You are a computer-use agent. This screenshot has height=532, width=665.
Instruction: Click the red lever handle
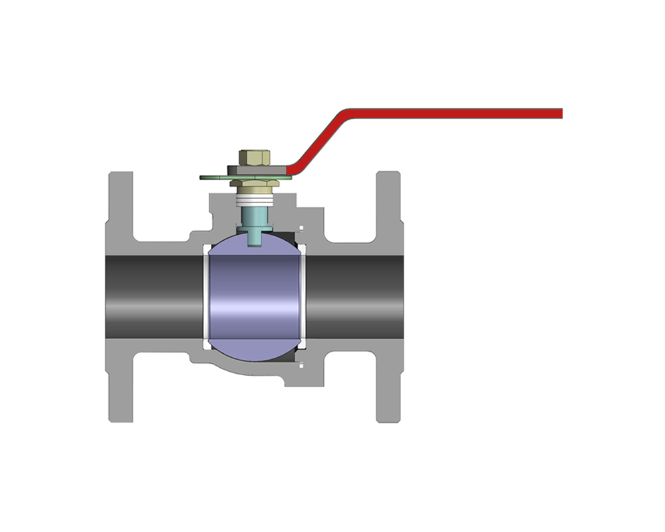click(452, 113)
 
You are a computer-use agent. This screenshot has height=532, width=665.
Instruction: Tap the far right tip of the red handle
click(561, 113)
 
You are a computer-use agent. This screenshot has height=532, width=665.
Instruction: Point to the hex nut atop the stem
click(253, 158)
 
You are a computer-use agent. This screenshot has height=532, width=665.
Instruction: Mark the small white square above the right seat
click(301, 229)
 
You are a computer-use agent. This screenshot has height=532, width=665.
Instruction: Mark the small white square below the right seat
click(301, 364)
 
